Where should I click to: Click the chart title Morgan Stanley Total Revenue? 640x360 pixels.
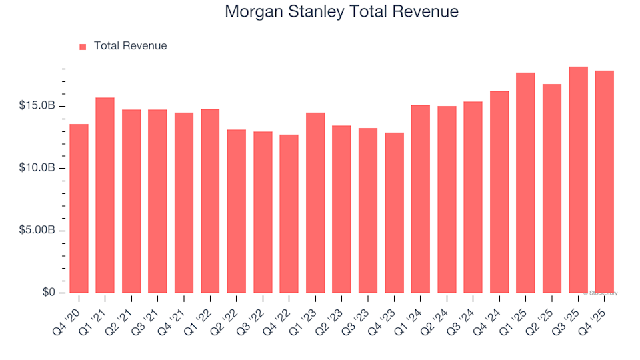(x=341, y=11)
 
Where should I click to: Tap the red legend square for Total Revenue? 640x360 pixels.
(x=83, y=47)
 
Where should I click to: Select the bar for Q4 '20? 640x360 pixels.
(x=79, y=209)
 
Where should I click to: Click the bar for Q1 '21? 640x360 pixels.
(x=105, y=195)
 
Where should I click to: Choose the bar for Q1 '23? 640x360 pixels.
(x=315, y=203)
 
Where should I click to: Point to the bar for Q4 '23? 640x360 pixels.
(x=394, y=213)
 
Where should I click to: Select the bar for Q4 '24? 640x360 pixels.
(x=499, y=192)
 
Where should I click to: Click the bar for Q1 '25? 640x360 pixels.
(x=525, y=183)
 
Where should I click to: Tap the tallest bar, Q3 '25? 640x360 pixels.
(x=578, y=180)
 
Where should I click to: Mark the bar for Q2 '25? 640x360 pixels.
(x=552, y=189)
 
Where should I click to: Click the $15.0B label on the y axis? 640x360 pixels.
(x=37, y=106)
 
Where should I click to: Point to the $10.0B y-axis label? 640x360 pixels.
(x=37, y=168)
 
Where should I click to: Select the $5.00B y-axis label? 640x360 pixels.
(x=37, y=231)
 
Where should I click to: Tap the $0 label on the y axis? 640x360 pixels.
(x=49, y=293)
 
